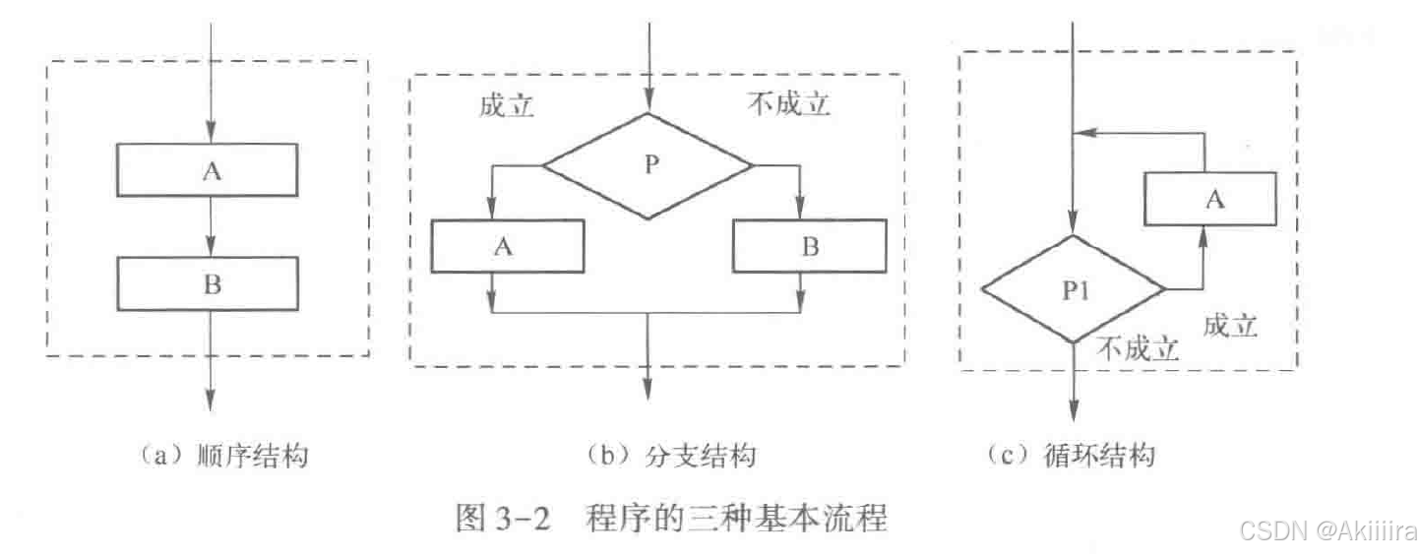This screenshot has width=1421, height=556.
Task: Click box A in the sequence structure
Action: click(208, 169)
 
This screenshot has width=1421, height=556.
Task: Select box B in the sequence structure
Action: click(208, 283)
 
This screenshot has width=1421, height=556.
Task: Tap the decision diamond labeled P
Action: click(648, 165)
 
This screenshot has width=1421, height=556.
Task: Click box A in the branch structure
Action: click(507, 246)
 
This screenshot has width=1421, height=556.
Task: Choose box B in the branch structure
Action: click(808, 246)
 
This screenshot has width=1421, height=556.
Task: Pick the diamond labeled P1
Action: click(1074, 290)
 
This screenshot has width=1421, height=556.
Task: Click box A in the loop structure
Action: click(1210, 200)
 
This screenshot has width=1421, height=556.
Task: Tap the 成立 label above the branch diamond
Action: click(507, 105)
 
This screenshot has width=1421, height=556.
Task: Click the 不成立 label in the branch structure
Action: click(789, 105)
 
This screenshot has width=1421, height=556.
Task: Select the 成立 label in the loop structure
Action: click(1230, 327)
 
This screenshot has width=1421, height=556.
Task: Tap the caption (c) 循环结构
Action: click(1071, 457)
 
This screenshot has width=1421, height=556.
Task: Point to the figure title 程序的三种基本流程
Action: click(736, 517)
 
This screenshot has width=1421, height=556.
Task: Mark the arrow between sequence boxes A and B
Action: click(209, 226)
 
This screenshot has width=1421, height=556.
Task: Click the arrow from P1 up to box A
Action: click(1203, 258)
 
